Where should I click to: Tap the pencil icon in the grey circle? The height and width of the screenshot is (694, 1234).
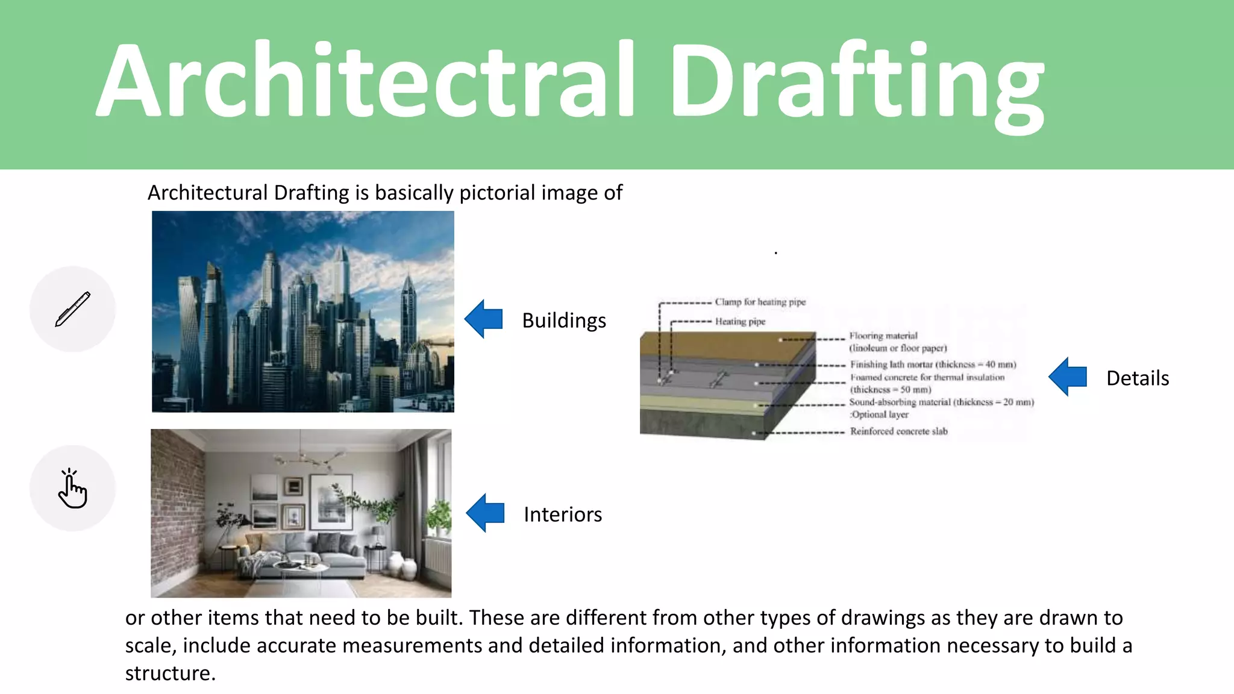(x=73, y=309)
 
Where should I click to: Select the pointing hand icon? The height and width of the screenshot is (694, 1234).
(x=73, y=489)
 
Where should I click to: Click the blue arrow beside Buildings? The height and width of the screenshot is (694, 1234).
(x=484, y=319)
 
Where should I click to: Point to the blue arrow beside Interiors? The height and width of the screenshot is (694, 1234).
(x=486, y=513)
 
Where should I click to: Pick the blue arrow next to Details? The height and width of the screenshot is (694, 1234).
(x=1068, y=377)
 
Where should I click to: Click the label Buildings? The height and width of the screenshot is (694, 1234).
(x=564, y=320)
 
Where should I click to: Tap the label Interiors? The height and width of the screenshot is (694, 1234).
(x=563, y=514)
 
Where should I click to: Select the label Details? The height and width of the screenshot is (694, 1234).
(x=1138, y=378)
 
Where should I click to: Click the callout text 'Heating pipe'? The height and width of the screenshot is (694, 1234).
(x=740, y=322)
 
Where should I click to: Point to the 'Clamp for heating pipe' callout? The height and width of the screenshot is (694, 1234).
(x=760, y=302)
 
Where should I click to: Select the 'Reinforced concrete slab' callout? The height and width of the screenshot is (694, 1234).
(x=898, y=431)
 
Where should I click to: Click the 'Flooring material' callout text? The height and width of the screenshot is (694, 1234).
(x=883, y=336)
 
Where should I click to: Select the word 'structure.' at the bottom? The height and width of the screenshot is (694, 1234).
(x=170, y=673)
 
